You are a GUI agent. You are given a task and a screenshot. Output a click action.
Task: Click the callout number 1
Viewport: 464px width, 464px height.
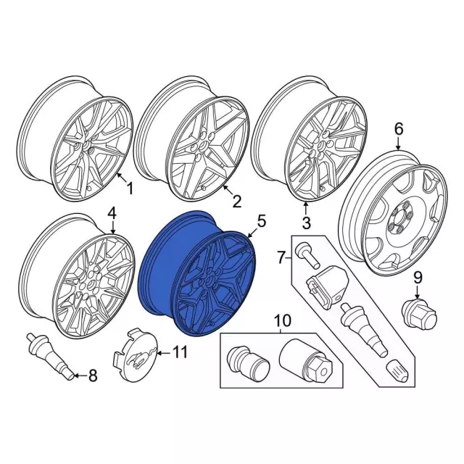pos(129,188)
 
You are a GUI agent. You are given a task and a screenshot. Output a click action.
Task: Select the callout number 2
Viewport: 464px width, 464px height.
pos(237,202)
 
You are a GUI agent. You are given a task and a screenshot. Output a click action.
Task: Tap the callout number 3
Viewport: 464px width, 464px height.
pos(307,223)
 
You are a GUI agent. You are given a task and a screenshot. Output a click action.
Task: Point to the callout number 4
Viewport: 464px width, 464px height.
pos(112,214)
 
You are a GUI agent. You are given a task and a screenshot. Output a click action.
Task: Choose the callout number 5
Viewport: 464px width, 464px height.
pos(262,221)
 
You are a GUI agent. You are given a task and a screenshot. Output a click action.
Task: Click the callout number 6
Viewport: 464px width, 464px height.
pos(399,129)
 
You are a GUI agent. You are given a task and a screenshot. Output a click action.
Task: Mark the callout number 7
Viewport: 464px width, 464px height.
pos(282,257)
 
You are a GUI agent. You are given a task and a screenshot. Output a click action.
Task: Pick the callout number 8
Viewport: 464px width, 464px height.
pos(93,376)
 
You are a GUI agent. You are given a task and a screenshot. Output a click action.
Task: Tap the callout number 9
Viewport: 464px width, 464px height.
pos(418,278)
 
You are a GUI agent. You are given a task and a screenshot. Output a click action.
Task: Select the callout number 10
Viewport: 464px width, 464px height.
pos(282,321)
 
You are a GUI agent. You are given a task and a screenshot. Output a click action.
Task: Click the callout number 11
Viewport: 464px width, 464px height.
pos(181,352)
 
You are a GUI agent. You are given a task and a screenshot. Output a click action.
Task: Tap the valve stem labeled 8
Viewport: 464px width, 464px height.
pos(50,356)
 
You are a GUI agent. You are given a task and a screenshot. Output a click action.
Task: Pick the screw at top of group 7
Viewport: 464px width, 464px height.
pos(307,254)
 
